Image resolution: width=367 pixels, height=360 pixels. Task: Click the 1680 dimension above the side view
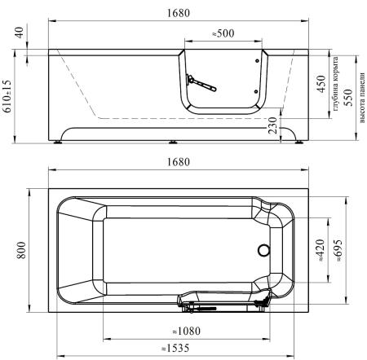178,13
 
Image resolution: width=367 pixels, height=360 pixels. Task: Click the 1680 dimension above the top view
178,162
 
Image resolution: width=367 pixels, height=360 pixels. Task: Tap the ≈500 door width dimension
223,33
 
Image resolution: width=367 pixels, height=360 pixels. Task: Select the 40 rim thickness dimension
19,33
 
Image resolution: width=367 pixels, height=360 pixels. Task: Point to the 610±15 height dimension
7,96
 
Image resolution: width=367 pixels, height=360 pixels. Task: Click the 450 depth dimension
321,84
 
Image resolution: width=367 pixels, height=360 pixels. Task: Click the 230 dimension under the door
272,125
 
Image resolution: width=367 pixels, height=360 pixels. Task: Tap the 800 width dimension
21,250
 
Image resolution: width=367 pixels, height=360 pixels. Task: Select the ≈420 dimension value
321,250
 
